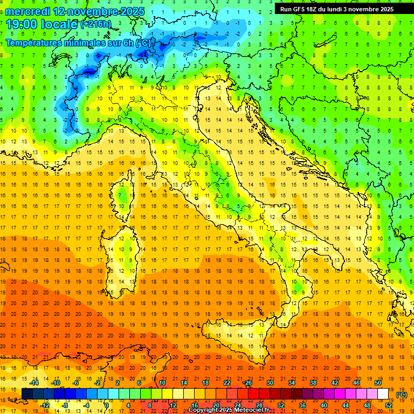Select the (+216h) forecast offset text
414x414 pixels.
pos(96,24)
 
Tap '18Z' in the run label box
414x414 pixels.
pos(315,9)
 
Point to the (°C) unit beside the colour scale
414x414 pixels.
pos(402,395)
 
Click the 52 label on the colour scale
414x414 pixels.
pos(389,405)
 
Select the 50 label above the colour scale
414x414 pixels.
pos(378,383)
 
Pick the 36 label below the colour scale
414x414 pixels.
pos(302,405)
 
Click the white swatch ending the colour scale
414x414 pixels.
pos(383,394)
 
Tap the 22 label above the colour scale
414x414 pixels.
pos(227,383)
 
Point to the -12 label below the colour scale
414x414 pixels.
pos(45,405)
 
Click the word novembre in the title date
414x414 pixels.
pos(95,11)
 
